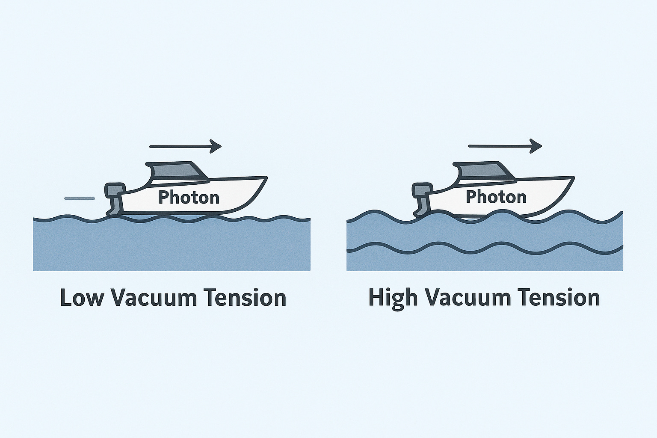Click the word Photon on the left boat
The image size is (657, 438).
[x=189, y=197]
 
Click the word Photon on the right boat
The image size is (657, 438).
[x=496, y=197]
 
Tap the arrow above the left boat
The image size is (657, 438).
[x=185, y=147]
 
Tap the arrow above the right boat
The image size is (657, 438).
[x=505, y=146]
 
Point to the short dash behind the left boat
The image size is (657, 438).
[x=79, y=198]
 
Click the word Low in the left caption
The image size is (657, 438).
[x=81, y=298]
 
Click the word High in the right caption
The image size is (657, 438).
[x=393, y=298]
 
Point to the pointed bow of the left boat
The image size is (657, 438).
[x=264, y=178]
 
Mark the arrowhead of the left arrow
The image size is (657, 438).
[x=216, y=147]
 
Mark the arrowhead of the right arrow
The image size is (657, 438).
[x=536, y=146]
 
